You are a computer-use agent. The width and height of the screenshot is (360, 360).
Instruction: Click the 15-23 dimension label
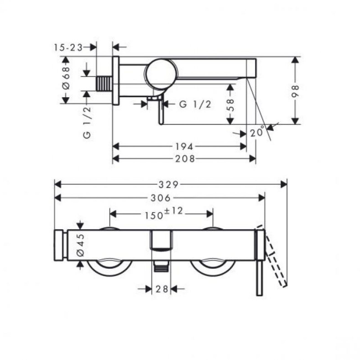[x=68, y=48]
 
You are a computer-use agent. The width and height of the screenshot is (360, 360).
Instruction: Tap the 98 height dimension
[x=295, y=91]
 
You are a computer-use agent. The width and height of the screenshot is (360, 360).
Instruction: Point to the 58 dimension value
[x=231, y=105]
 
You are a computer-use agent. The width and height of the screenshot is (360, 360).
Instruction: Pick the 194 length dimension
[x=184, y=147]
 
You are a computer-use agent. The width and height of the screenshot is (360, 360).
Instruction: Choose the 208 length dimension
[x=185, y=159]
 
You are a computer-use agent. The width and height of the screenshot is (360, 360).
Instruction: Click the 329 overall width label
[x=169, y=185]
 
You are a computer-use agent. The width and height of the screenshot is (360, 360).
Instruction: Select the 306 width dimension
[x=161, y=198]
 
